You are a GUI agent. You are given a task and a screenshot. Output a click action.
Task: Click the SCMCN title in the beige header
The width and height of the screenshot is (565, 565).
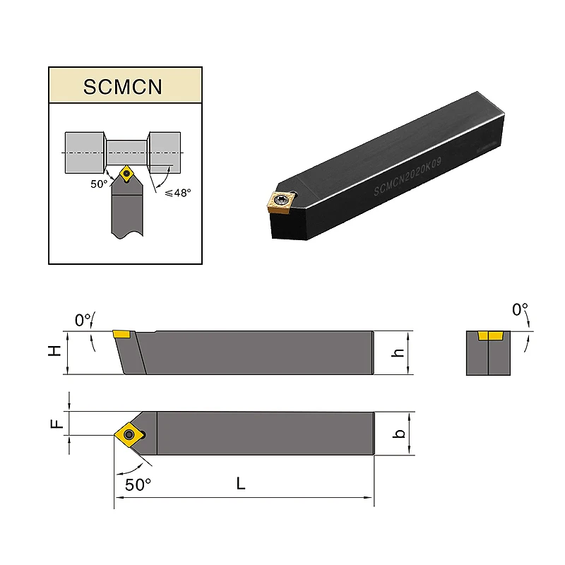[x=123, y=87]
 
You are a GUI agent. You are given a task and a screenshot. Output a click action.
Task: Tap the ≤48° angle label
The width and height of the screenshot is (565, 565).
[x=178, y=193]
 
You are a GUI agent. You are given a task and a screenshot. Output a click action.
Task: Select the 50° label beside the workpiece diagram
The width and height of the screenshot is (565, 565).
[x=99, y=184]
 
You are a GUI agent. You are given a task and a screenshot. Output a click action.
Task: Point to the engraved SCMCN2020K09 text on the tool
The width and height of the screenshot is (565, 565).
[x=408, y=177]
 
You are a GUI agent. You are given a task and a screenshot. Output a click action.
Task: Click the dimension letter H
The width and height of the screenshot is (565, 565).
[x=55, y=350]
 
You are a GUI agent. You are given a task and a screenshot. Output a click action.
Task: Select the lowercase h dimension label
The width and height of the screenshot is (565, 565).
[x=398, y=352]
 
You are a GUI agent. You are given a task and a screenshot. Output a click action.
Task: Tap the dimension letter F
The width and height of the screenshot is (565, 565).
[x=56, y=423]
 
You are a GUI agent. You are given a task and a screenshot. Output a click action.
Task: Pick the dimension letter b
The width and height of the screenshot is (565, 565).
[x=399, y=434]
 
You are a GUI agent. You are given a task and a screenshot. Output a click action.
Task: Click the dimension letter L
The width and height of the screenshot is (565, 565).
[x=241, y=483]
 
